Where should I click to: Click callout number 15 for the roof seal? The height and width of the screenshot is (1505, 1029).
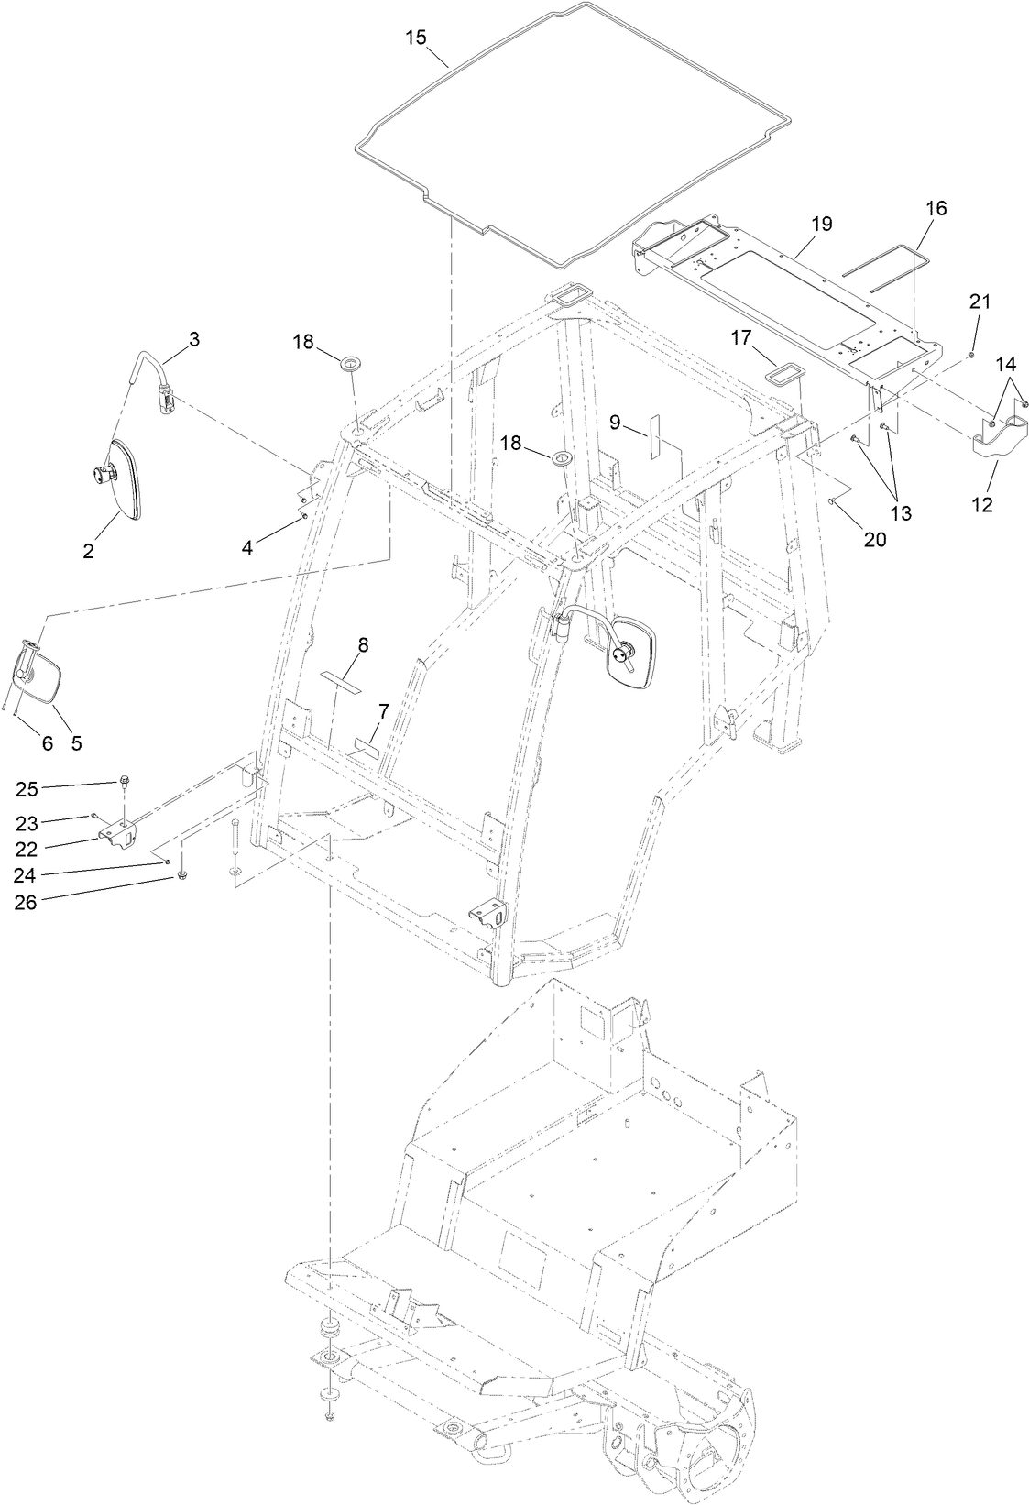[416, 38]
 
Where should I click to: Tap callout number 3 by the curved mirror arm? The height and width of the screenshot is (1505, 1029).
[193, 339]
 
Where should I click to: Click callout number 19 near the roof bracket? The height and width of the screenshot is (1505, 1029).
[821, 224]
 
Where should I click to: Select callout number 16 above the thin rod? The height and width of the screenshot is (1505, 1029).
[936, 208]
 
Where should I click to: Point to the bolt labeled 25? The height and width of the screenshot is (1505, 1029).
[124, 782]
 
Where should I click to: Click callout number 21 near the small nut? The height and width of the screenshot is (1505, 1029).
[980, 301]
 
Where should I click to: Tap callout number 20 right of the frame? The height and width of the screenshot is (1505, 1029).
[874, 540]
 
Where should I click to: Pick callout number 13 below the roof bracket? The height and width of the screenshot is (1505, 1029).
[901, 512]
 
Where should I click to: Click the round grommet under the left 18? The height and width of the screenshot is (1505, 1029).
[351, 366]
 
